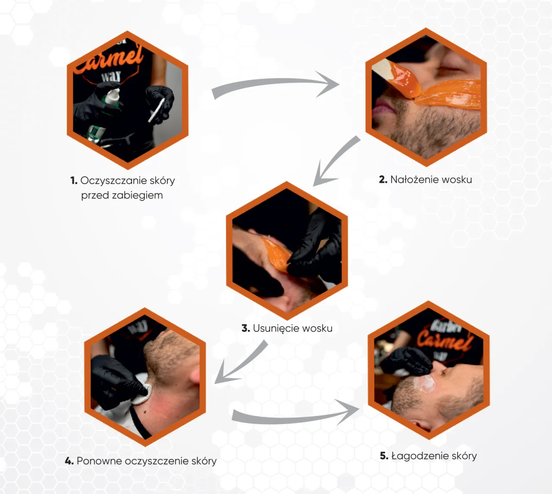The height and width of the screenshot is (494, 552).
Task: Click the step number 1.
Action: [x=74, y=180]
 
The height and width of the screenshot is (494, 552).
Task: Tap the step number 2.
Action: [x=383, y=179]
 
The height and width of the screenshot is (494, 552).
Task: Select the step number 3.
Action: [x=246, y=328]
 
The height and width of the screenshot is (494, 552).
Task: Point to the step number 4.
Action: [x=69, y=461]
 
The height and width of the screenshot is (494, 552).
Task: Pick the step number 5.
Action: [x=384, y=456]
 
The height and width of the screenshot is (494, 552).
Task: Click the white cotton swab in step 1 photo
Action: [x=157, y=110]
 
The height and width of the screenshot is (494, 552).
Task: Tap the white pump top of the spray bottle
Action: [x=113, y=95]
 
